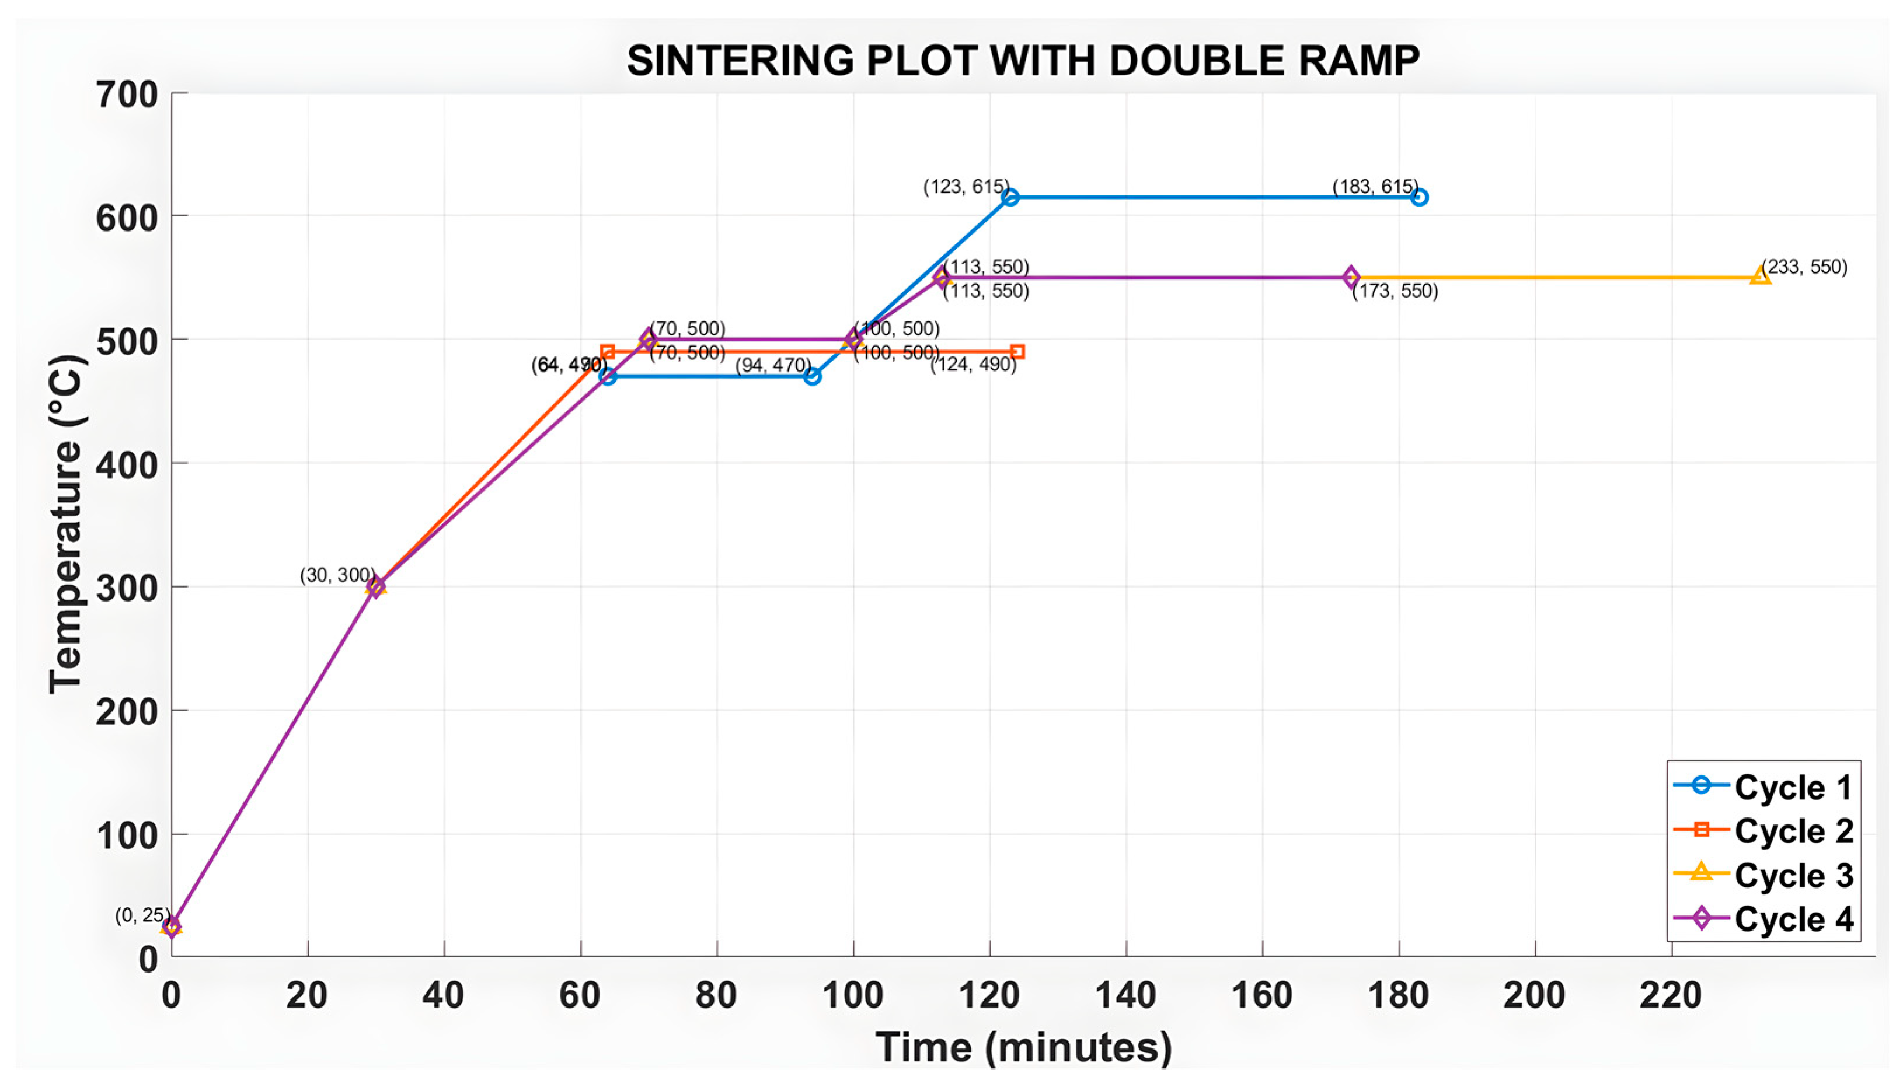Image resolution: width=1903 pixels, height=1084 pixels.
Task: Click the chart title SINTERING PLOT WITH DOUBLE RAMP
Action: click(1023, 61)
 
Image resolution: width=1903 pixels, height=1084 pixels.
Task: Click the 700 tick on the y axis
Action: click(127, 95)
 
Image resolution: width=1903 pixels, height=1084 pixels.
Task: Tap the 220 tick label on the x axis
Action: click(1671, 995)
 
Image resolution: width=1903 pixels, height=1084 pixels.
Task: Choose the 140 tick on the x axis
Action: click(1125, 995)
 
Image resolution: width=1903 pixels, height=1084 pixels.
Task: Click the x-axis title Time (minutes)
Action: click(1023, 1047)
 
